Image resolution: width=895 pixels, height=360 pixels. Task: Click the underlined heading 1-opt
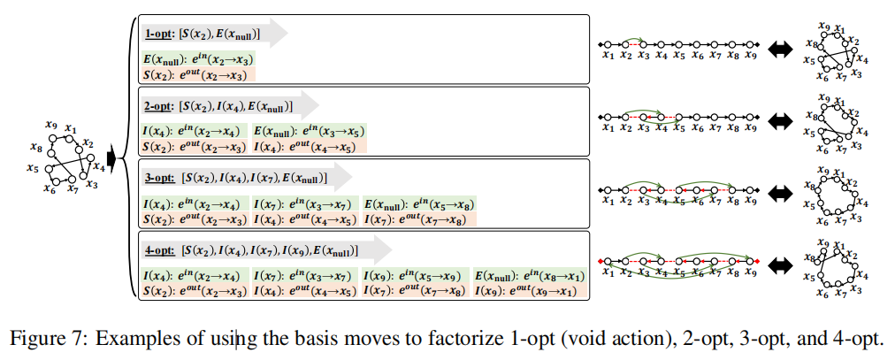158,34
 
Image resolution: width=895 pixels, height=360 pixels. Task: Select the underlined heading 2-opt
158,106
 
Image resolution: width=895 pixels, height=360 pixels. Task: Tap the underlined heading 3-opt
158,179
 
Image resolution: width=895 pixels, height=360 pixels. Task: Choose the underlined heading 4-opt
158,251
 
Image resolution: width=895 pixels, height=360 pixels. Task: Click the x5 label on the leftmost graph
33,167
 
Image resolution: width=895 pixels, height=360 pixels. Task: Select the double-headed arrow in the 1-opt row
781,50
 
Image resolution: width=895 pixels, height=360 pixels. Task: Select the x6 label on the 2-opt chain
696,127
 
